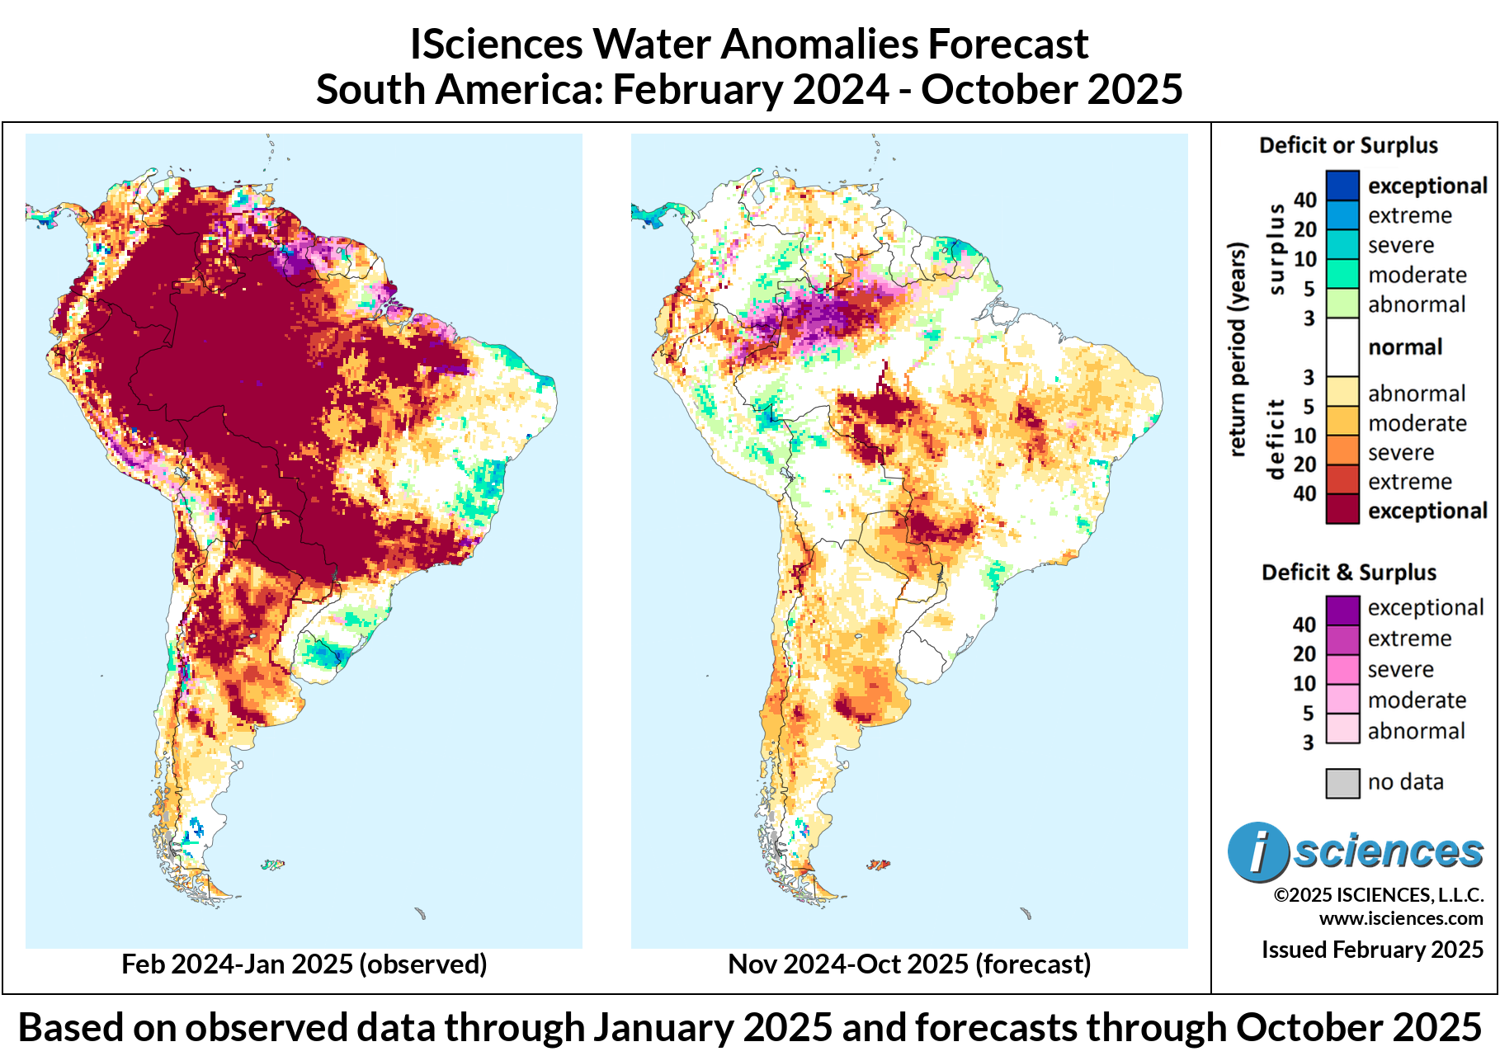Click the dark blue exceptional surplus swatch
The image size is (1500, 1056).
pyautogui.click(x=1342, y=185)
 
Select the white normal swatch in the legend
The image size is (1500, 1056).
pyautogui.click(x=1342, y=346)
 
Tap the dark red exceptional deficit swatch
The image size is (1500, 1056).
pyautogui.click(x=1342, y=509)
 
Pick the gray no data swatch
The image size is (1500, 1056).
pyautogui.click(x=1342, y=782)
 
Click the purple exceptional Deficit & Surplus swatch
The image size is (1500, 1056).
pyautogui.click(x=1342, y=609)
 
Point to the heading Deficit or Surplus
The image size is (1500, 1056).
pyautogui.click(x=1348, y=146)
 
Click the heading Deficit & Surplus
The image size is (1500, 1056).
pyautogui.click(x=1348, y=573)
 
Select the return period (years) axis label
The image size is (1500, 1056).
pyautogui.click(x=1236, y=349)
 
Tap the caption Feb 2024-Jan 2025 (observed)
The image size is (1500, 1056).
pyautogui.click(x=304, y=964)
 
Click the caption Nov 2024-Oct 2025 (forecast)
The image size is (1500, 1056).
pyautogui.click(x=909, y=964)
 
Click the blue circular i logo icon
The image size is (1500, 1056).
pyautogui.click(x=1257, y=851)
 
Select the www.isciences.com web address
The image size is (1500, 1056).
pyautogui.click(x=1400, y=918)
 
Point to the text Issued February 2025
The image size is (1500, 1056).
pyautogui.click(x=1371, y=950)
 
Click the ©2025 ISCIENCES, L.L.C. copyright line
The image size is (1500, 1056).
pyautogui.click(x=1378, y=895)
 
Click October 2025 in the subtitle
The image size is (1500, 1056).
pyautogui.click(x=1052, y=89)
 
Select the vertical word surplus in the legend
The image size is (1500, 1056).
pyautogui.click(x=1276, y=248)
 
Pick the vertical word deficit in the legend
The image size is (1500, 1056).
pyautogui.click(x=1276, y=438)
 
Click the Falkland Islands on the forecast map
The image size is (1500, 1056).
pyautogui.click(x=878, y=865)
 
